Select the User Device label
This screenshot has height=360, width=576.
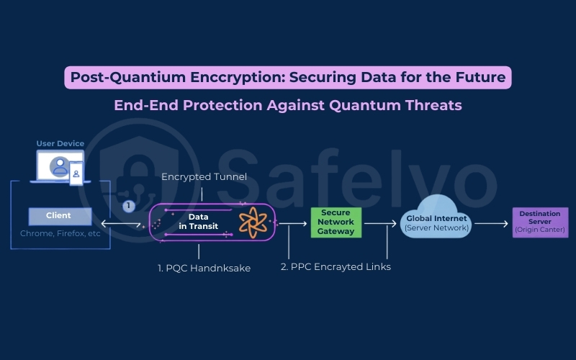tap(60, 143)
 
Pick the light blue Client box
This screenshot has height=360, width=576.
tap(60, 215)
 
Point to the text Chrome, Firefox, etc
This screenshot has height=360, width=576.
tap(60, 233)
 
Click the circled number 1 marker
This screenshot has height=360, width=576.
tap(129, 206)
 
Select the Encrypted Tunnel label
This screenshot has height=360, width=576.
tap(204, 176)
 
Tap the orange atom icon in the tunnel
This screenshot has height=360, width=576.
tap(253, 222)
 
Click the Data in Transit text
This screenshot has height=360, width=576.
tap(198, 222)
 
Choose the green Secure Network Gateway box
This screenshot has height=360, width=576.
tap(336, 222)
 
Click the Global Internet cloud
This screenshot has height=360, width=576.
tap(436, 220)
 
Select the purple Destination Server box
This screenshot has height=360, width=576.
tap(540, 222)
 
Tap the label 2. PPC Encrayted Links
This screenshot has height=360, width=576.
tap(336, 266)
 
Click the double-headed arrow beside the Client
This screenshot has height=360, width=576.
tap(120, 224)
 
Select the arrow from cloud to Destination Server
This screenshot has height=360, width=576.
tap(491, 224)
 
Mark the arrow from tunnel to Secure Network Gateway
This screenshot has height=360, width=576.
tap(293, 224)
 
